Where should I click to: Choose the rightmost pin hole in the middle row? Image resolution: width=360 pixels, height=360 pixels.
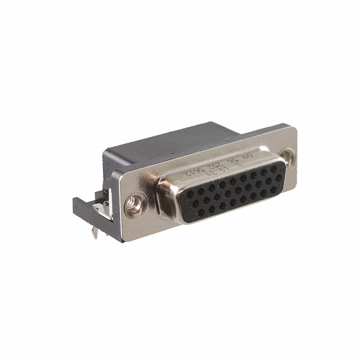click(x=273, y=180)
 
